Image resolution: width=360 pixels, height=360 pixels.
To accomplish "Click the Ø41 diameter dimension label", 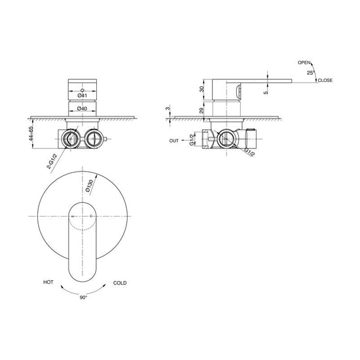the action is (82, 96).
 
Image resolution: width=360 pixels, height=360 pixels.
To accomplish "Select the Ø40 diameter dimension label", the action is (82, 109).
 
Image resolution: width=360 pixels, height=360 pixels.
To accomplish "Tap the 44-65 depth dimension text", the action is (31, 134).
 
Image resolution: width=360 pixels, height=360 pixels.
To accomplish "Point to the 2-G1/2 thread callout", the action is (52, 162).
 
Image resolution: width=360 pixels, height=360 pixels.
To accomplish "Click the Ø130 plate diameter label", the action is (89, 185).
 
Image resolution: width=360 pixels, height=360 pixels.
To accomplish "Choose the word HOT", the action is (48, 282).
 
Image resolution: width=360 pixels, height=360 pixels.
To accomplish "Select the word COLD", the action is (120, 283).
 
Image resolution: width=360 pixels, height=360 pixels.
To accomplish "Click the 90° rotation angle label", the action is (84, 298).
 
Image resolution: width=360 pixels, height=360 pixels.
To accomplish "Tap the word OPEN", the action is (304, 62).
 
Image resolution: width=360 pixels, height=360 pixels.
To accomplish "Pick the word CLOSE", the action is (325, 80).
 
